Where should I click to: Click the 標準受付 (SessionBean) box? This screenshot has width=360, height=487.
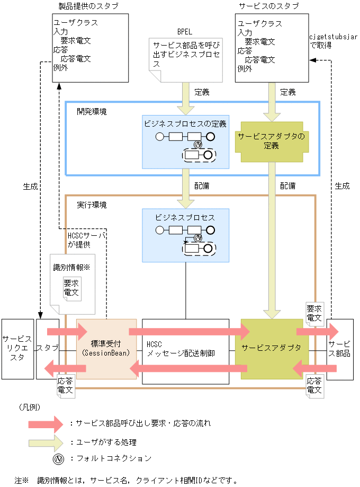tap(106, 348)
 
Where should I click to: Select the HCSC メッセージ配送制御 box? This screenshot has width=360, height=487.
tap(185, 348)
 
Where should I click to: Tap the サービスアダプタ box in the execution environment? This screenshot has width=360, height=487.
tap(271, 348)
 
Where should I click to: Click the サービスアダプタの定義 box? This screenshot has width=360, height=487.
tap(271, 140)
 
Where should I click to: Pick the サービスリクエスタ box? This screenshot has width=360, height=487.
tap(17, 348)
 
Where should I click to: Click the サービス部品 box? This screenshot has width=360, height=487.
tap(340, 348)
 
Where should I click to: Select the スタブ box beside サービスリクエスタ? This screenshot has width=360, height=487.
tap(48, 348)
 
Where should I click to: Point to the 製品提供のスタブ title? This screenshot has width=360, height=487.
tap(88, 6)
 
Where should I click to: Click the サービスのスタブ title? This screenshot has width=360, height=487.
tap(268, 6)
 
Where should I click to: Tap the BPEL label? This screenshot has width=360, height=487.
tap(185, 32)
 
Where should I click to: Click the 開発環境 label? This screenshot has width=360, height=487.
tap(91, 112)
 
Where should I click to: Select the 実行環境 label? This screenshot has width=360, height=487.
tap(91, 205)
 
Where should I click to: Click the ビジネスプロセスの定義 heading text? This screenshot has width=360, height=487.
tap(185, 124)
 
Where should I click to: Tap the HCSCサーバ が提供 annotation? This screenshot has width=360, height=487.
tap(86, 240)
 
